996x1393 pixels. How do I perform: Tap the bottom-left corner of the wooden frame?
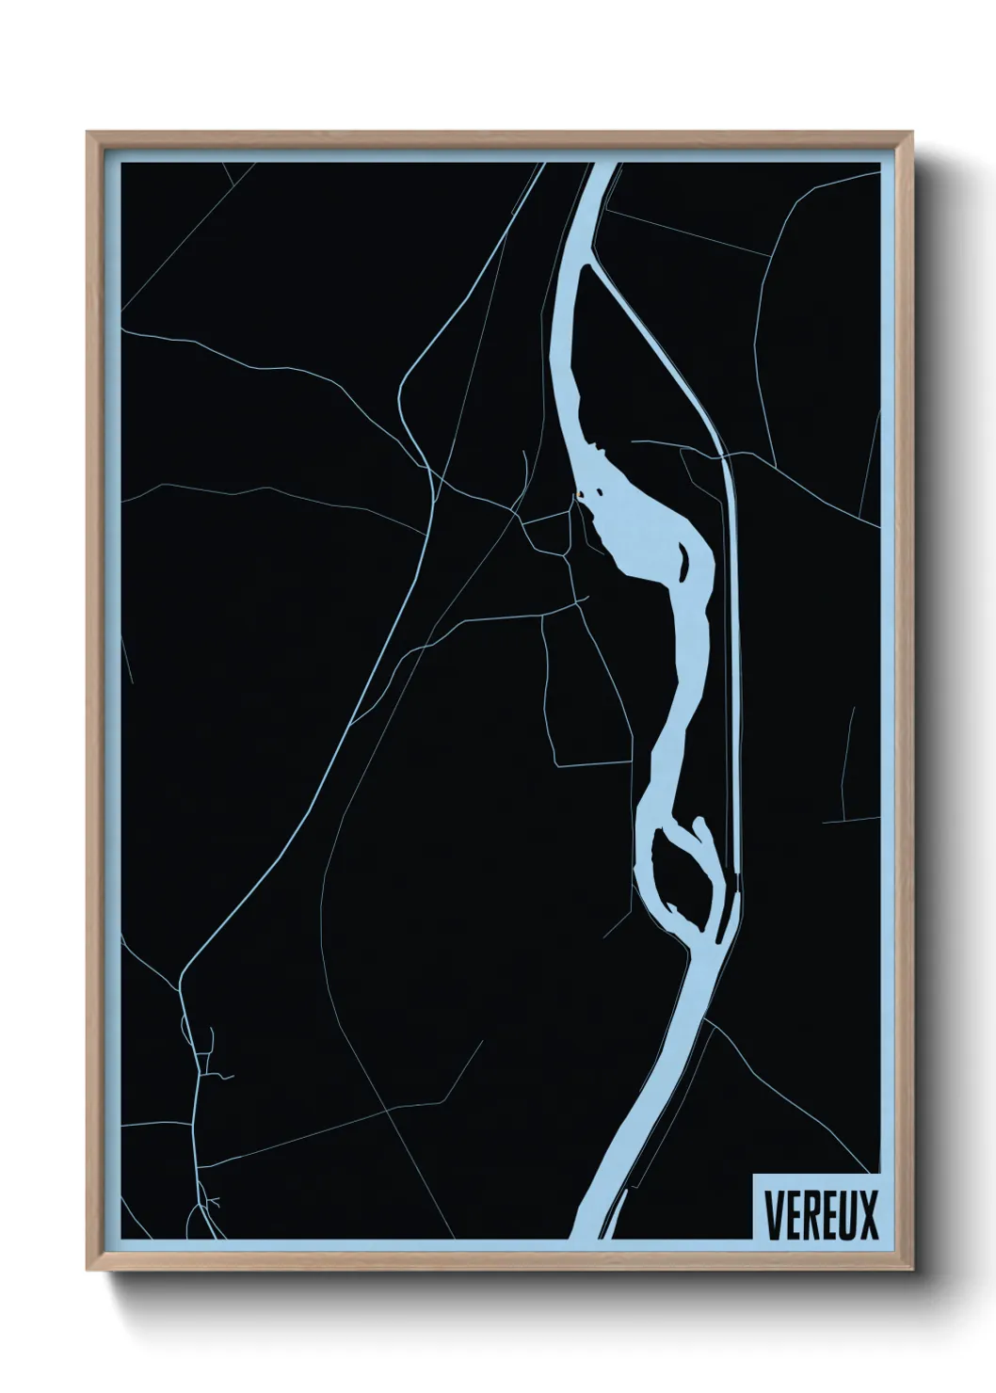tap(88, 1271)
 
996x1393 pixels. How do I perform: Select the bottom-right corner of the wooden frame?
tap(911, 1271)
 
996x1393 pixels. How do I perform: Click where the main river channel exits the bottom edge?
tap(589, 1235)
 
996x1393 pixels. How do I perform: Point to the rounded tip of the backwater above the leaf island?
tap(699, 823)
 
